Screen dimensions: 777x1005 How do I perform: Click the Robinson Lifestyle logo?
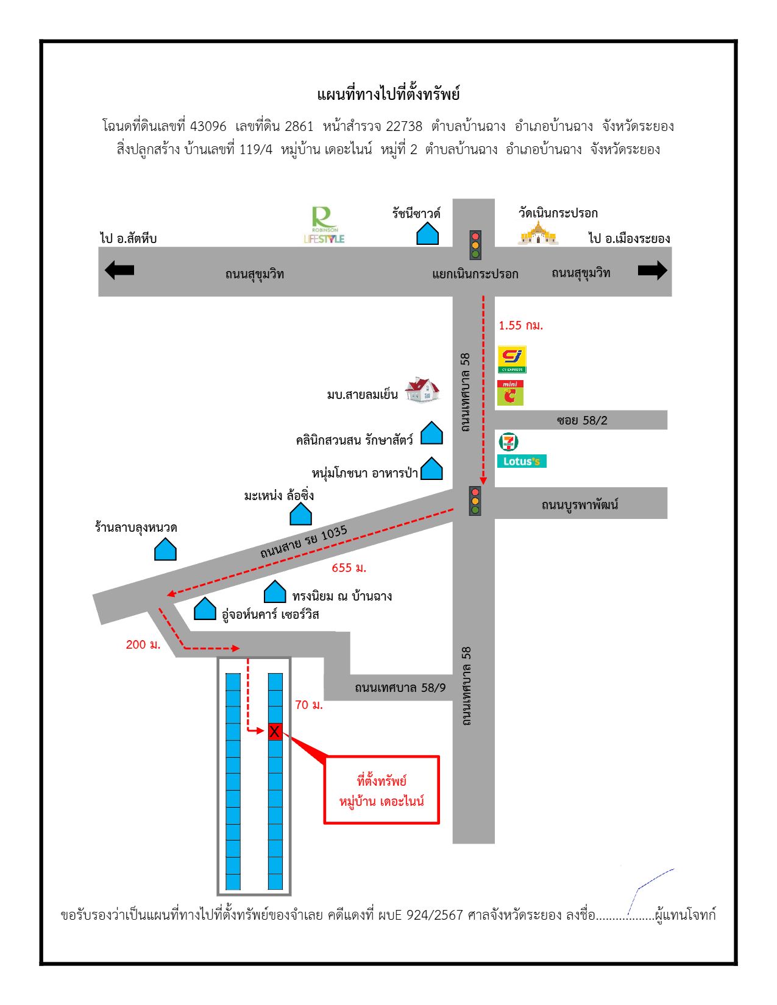point(324,225)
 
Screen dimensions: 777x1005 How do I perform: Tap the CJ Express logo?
point(512,359)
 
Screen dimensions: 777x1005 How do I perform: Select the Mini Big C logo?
point(510,393)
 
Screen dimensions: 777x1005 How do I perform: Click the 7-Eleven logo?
point(508,442)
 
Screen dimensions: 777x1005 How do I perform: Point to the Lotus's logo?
point(522,461)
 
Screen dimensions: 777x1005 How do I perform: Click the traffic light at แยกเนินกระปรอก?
point(475,245)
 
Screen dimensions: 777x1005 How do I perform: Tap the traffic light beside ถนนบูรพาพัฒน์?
point(475,501)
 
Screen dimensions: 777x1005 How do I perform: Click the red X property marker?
point(275,731)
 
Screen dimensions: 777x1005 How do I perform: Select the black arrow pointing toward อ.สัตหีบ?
point(119,270)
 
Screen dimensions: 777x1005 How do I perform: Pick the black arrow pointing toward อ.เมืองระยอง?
point(653,270)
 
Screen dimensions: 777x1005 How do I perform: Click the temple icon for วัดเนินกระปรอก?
point(538,233)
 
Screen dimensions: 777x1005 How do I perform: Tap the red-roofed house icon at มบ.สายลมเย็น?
point(422,390)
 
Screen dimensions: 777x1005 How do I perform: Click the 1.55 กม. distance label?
point(520,326)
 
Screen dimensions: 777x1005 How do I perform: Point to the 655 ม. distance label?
point(349,568)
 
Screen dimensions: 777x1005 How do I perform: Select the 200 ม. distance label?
point(143,644)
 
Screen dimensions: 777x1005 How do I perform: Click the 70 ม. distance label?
point(309,705)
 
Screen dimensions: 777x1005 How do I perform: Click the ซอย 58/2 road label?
point(582,420)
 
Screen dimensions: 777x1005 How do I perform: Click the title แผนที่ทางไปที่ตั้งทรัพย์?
point(388,94)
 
